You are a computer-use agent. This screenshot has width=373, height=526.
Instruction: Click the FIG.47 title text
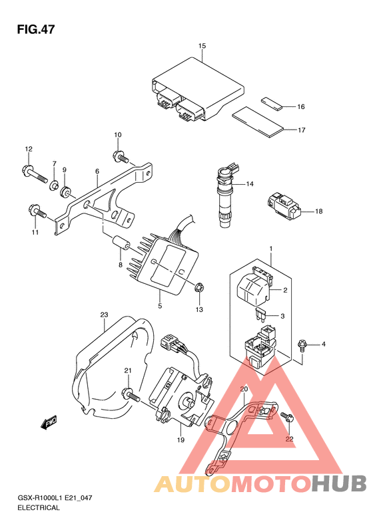click(x=35, y=29)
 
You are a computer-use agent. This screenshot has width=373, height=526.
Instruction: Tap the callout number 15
click(x=202, y=46)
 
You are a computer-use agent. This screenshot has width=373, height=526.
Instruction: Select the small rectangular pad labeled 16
click(x=272, y=104)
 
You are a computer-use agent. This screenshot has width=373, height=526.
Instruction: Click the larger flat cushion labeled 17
click(x=258, y=123)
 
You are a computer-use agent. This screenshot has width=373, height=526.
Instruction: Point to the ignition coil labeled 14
click(x=225, y=196)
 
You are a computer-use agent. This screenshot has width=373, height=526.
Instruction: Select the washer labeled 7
click(x=53, y=186)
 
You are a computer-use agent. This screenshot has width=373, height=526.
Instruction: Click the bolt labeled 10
click(x=121, y=157)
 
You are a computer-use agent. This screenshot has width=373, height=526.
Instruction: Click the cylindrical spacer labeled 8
click(x=121, y=244)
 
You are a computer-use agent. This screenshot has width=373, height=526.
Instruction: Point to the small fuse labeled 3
click(x=261, y=315)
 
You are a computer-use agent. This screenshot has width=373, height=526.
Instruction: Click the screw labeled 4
click(x=302, y=346)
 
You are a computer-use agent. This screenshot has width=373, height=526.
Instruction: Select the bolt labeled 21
click(x=131, y=394)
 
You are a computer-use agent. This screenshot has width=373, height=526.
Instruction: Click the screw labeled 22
click(x=288, y=418)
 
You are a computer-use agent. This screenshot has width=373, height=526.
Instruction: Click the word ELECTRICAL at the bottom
click(x=39, y=507)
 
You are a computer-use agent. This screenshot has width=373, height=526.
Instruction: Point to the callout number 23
click(x=104, y=315)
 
